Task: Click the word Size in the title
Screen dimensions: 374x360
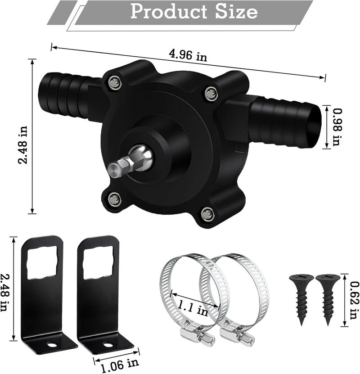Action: [238, 12]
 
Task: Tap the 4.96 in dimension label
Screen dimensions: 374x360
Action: [188, 56]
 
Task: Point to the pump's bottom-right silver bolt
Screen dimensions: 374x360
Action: [207, 213]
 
